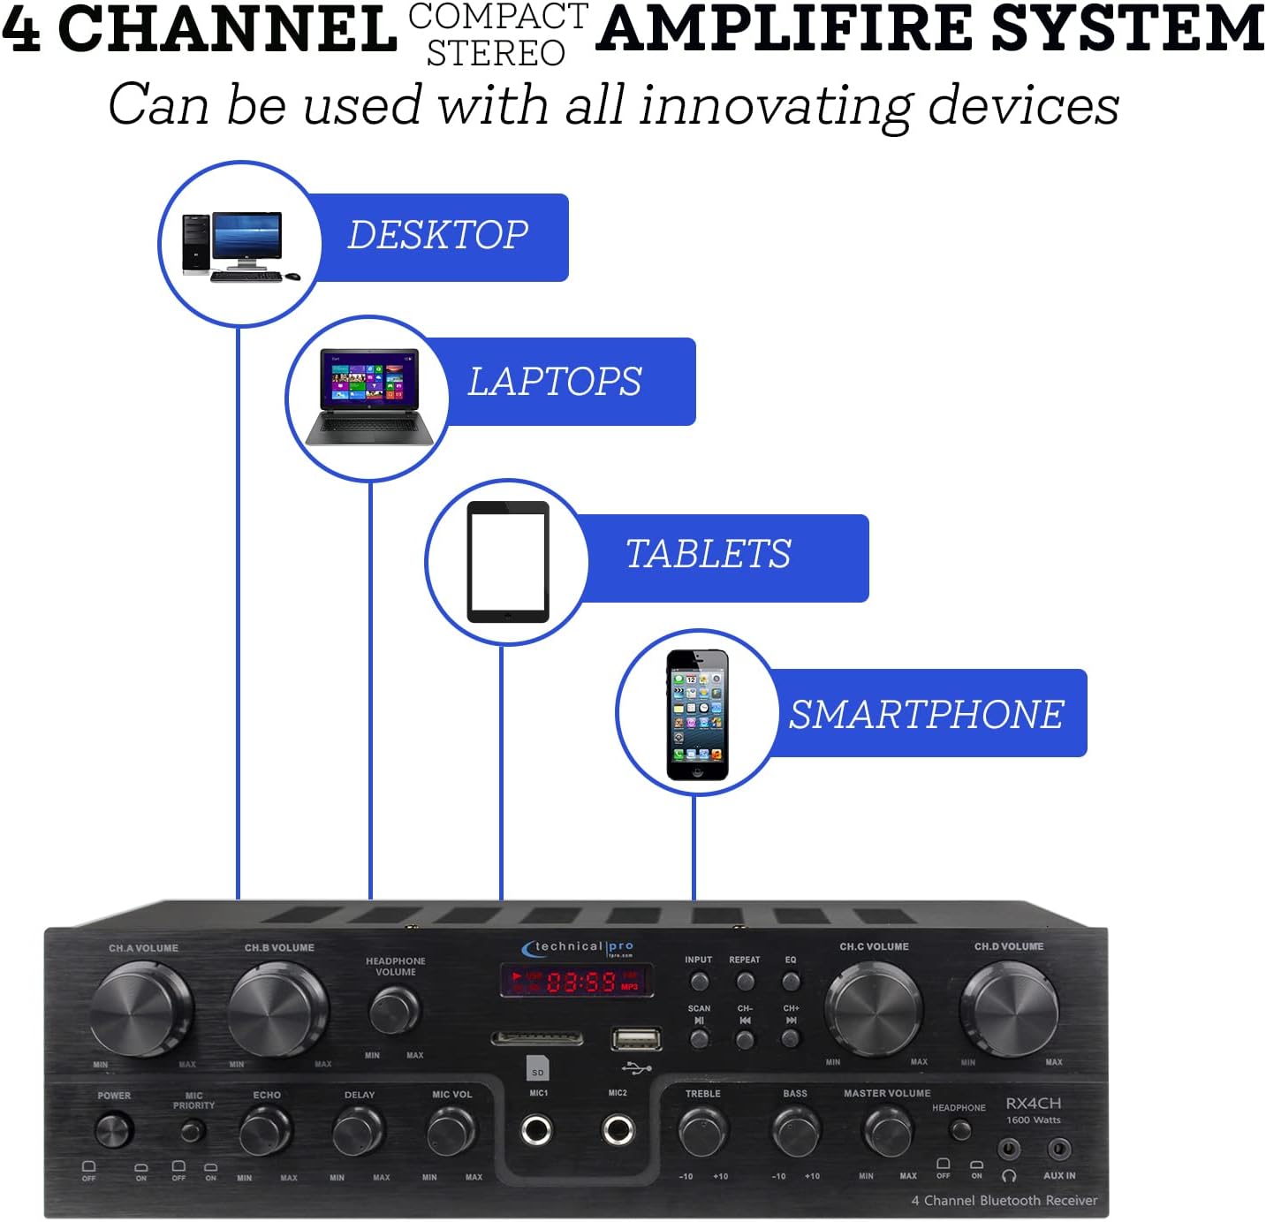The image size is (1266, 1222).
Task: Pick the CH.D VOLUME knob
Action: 1009,1008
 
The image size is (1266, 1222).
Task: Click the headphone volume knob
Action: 394,1010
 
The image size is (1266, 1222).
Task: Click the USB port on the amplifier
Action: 636,1039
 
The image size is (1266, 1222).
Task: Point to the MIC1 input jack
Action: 536,1129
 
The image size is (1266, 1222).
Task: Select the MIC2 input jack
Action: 618,1129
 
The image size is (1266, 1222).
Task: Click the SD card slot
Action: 536,1038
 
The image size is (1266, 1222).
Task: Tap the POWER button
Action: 113,1130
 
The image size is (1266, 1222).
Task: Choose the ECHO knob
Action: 265,1131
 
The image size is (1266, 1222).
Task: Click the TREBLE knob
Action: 703,1131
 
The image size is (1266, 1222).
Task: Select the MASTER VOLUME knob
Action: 887,1131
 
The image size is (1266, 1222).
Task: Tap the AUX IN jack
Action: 1058,1150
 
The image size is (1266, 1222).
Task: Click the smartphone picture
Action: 697,715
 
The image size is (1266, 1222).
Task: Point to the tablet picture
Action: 508,562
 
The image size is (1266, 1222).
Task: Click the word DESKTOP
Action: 438,235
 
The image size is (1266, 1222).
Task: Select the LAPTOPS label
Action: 554,382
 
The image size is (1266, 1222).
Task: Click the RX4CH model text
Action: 1033,1104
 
